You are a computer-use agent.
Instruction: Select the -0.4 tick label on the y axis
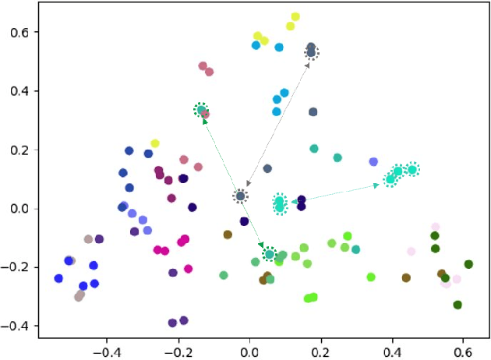(13, 326)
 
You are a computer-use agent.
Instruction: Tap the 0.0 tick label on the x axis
(249, 351)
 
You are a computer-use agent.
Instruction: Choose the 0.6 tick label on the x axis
(463, 351)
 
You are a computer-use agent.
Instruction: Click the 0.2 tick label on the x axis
(321, 351)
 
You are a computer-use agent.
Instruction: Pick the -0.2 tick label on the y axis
(13, 267)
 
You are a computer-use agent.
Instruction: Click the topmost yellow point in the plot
(295, 16)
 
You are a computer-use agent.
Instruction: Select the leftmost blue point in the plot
(58, 278)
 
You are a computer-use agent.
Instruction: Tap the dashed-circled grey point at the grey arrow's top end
(312, 52)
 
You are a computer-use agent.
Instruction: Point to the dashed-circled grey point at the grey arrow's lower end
(241, 196)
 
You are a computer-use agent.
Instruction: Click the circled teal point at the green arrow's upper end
(201, 110)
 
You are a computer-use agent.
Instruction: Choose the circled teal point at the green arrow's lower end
(270, 254)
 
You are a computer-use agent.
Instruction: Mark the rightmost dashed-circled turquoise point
(412, 169)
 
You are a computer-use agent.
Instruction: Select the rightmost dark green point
(468, 264)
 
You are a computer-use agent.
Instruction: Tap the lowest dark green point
(457, 305)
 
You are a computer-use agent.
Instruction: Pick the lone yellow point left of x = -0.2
(155, 143)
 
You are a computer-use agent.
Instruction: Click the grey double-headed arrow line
(277, 123)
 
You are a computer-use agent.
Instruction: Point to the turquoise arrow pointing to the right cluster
(343, 192)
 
